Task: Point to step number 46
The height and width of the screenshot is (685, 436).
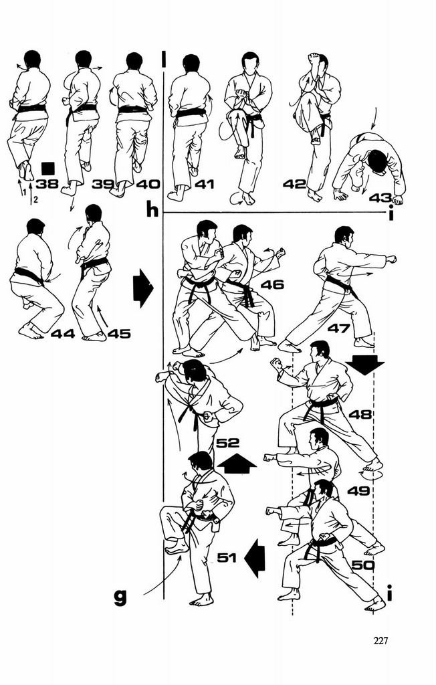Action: [x=272, y=285]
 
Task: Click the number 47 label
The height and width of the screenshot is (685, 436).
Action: [x=339, y=328]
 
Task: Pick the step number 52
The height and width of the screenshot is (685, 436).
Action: [x=227, y=442]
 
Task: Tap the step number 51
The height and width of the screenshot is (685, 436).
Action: [x=228, y=557]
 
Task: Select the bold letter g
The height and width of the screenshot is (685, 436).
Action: [x=120, y=596]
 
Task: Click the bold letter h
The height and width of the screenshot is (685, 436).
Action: [x=152, y=211]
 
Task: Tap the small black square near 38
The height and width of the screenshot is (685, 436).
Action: [x=47, y=167]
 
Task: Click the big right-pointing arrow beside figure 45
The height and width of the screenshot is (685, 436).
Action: [x=143, y=288]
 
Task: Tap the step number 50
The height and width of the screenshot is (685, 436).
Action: [x=362, y=565]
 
